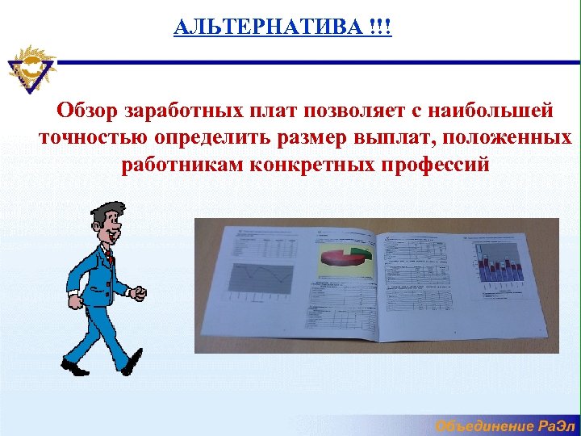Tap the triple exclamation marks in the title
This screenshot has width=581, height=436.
coord(378,27)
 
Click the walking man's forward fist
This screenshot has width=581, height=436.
coord(138,291)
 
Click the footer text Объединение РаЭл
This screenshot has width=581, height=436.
coord(505,426)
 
